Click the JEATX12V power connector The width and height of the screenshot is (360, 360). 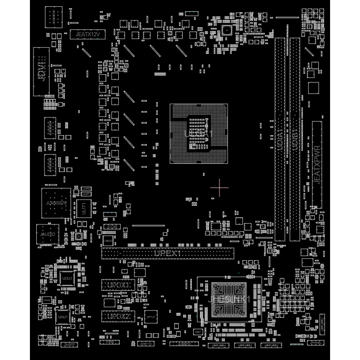click(85, 34)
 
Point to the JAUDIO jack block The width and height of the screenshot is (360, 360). click(47, 234)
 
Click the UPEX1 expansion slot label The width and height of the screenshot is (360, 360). click(167, 253)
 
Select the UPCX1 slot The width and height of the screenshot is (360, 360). click(116, 285)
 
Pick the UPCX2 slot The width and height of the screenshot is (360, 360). click(116, 316)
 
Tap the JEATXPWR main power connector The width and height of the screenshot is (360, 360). click(317, 161)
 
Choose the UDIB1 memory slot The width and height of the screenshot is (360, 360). click(295, 139)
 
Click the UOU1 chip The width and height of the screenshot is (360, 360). click(67, 278)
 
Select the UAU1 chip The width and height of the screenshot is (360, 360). click(62, 317)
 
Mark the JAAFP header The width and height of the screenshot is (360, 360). click(69, 345)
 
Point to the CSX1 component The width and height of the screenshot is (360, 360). click(198, 332)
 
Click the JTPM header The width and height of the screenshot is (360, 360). click(183, 344)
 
